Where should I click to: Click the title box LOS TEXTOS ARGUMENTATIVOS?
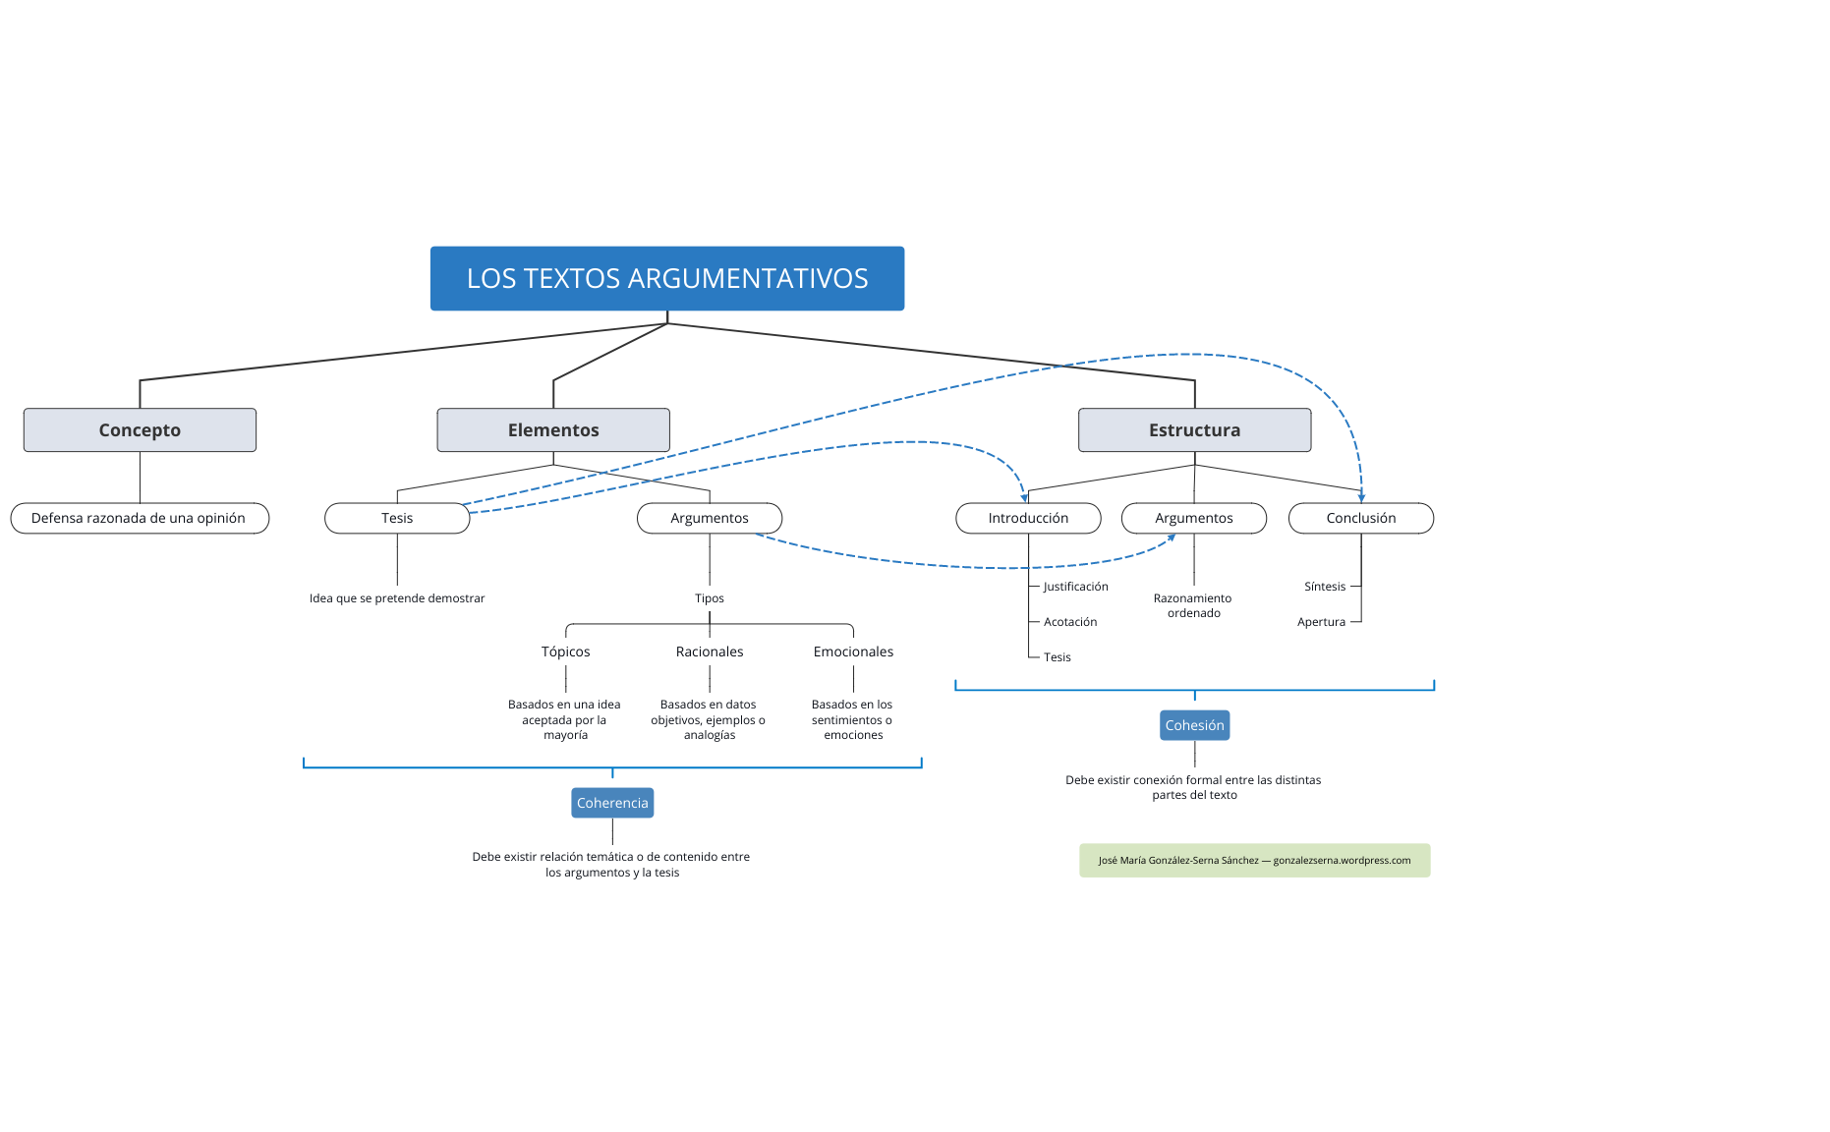pyautogui.click(x=666, y=278)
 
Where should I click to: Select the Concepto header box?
pyautogui.click(x=140, y=430)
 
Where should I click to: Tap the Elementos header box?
pyautogui.click(x=553, y=430)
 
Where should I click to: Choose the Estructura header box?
pyautogui.click(x=1194, y=430)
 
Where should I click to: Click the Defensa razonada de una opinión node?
pyautogui.click(x=139, y=518)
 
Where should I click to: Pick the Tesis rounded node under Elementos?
pyautogui.click(x=397, y=518)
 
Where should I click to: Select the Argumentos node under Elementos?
pyautogui.click(x=709, y=518)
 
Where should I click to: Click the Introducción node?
pyautogui.click(x=1028, y=518)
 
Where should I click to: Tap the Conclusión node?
pyautogui.click(x=1360, y=518)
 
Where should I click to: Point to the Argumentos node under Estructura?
pyautogui.click(x=1193, y=518)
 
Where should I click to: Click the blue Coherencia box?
pyautogui.click(x=612, y=803)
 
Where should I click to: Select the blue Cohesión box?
pyautogui.click(x=1194, y=725)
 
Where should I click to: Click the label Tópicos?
pyautogui.click(x=565, y=651)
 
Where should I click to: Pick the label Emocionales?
pyautogui.click(x=853, y=651)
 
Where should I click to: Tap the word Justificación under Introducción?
pyautogui.click(x=1075, y=587)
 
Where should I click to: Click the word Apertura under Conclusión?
pyautogui.click(x=1321, y=622)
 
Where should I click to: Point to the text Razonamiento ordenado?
pyautogui.click(x=1193, y=605)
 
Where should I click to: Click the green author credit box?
pyautogui.click(x=1254, y=860)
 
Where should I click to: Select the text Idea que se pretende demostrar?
pyautogui.click(x=397, y=598)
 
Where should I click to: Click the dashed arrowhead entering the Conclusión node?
pyautogui.click(x=1361, y=497)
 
